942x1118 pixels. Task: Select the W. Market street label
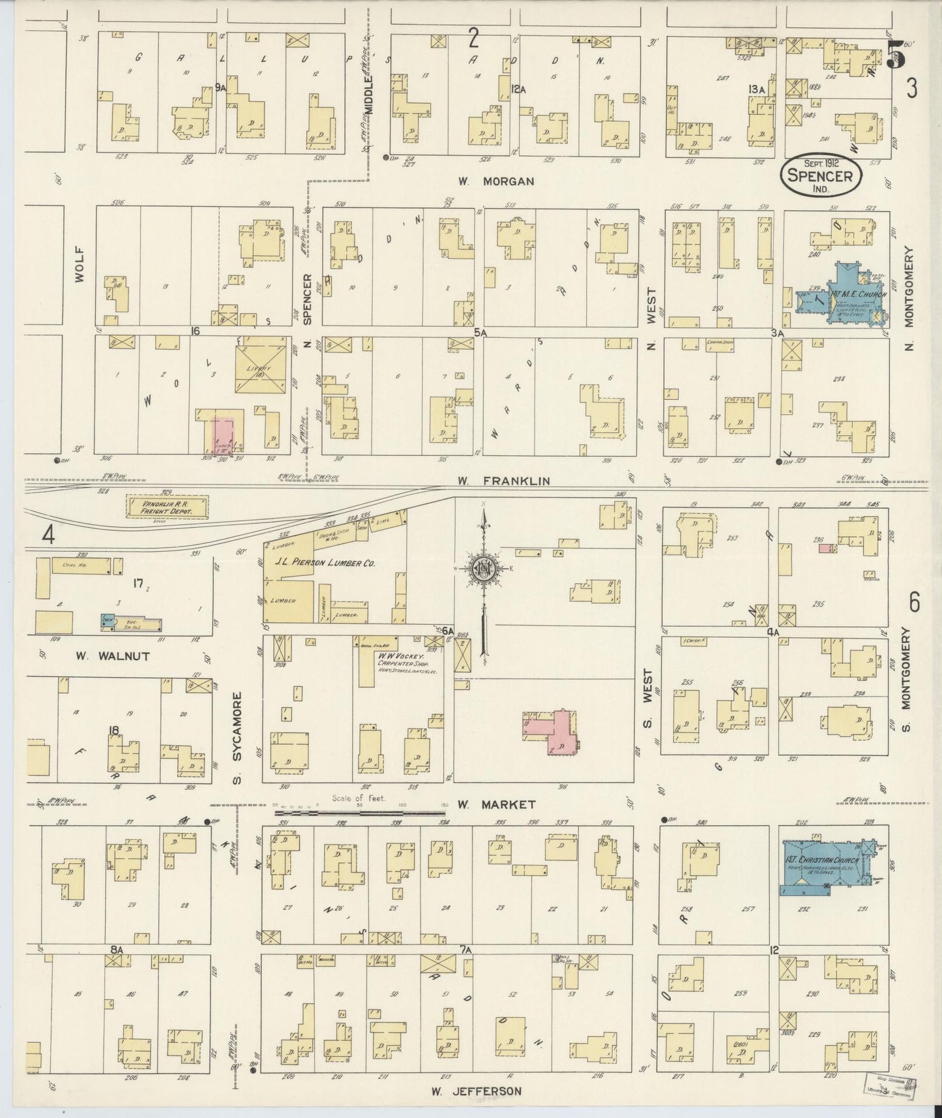point(496,804)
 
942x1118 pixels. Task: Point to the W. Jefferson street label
point(476,1091)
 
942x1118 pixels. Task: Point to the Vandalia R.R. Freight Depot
point(166,507)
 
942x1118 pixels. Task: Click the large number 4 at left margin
point(48,535)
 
